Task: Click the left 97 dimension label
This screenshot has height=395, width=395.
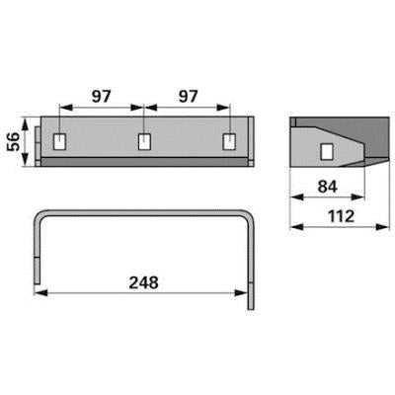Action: click(102, 97)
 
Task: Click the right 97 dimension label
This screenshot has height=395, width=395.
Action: click(188, 97)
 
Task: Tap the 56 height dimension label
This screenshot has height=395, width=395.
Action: click(14, 142)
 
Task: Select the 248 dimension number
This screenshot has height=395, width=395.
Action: click(143, 282)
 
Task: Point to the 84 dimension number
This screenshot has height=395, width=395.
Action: click(328, 187)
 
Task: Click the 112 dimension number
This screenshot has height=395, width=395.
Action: click(341, 216)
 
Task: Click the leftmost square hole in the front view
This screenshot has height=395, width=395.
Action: click(59, 142)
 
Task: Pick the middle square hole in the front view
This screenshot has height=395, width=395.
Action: click(144, 142)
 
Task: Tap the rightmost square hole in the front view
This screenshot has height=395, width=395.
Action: click(229, 142)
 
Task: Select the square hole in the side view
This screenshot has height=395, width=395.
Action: click(327, 151)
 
